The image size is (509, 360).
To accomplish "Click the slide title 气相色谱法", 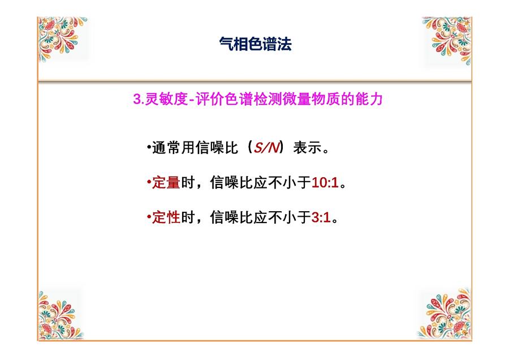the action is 255,44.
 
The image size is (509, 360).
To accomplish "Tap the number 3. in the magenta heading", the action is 139,98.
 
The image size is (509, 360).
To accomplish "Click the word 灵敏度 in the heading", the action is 166,98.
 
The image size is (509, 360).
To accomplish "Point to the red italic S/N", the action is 266,148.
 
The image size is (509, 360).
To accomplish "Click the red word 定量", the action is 166,182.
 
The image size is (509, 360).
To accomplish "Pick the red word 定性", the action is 166,217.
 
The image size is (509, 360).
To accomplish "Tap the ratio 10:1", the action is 325,183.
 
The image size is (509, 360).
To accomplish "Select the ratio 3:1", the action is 321,217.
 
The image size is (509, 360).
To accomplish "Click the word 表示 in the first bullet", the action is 307,148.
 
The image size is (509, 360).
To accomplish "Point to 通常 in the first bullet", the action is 166,148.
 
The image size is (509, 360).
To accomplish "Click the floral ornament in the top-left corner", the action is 62,38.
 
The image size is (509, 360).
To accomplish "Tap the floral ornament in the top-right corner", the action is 447,41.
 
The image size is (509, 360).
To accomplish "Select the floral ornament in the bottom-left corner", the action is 59,315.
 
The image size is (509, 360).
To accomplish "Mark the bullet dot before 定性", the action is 149,216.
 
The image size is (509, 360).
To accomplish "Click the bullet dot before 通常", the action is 149,147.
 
